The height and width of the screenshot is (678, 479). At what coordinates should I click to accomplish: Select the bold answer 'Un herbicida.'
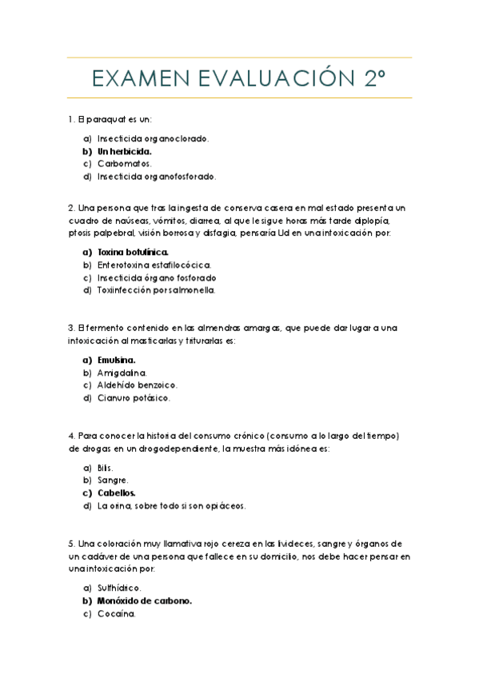(x=124, y=150)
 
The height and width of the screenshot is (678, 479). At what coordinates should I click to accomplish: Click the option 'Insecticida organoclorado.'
(x=153, y=138)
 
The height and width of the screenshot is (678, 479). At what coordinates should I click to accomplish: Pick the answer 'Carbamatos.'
(x=124, y=163)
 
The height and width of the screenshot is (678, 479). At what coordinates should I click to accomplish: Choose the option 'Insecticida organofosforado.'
(x=157, y=176)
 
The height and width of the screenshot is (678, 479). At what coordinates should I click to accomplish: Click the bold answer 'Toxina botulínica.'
(x=133, y=252)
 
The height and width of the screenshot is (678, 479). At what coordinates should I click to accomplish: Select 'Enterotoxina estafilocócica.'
(x=154, y=265)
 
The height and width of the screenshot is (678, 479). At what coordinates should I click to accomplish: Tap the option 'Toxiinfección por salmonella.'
(x=156, y=290)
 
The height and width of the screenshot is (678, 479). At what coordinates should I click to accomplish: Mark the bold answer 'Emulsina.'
(x=117, y=360)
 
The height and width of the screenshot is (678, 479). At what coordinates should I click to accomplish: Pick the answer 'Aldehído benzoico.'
(x=137, y=385)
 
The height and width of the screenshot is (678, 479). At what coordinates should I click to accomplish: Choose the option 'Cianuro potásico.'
(x=134, y=397)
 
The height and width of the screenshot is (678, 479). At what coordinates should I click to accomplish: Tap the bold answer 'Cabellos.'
(x=117, y=493)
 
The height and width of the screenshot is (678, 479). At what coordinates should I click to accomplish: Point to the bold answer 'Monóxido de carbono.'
(x=145, y=600)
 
